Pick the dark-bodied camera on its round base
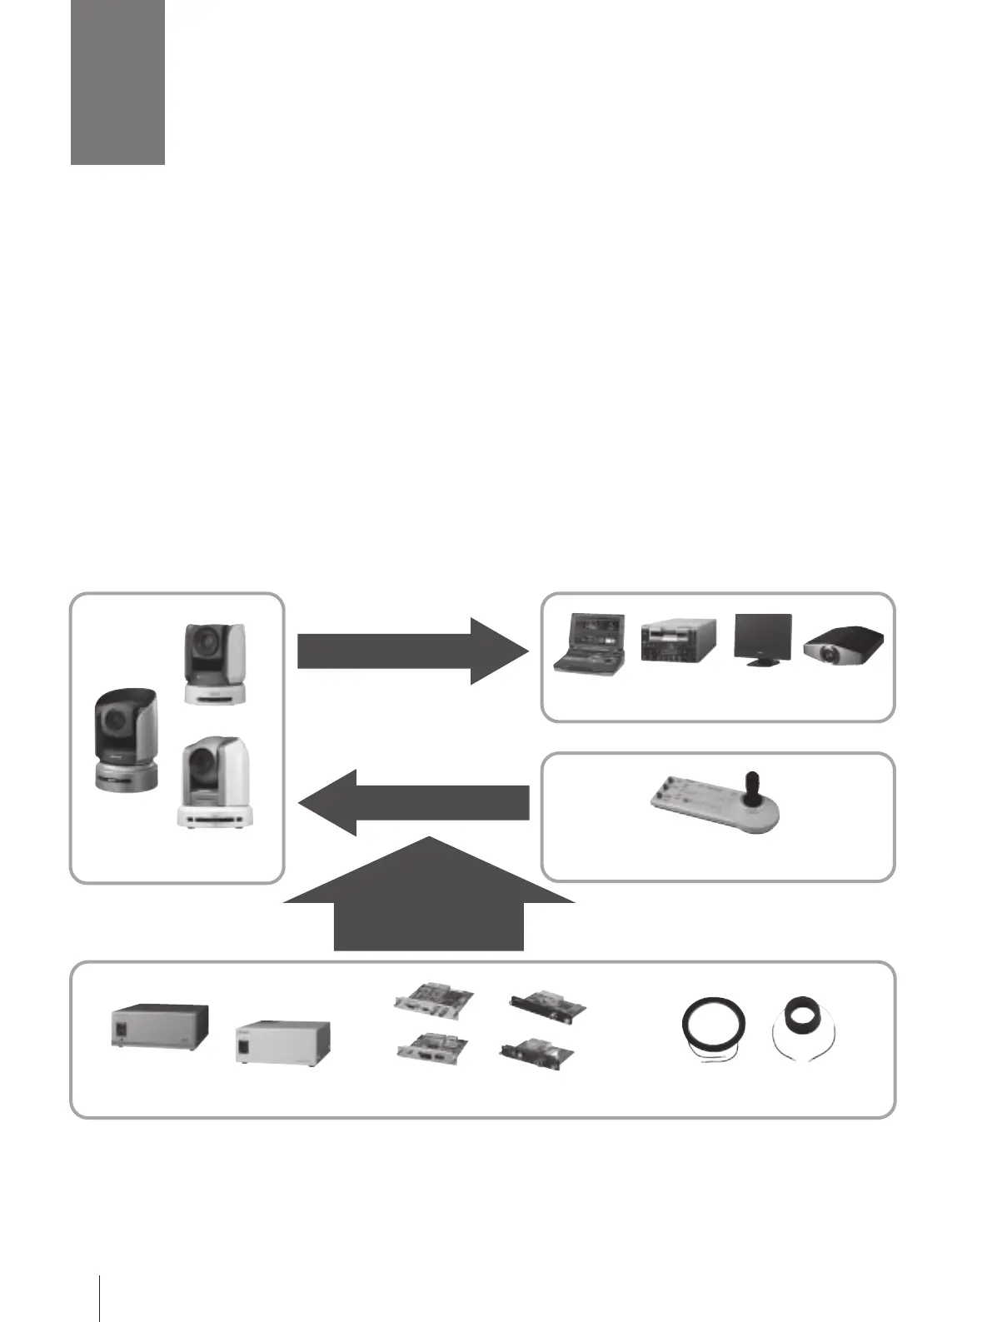click(126, 741)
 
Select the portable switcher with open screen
click(591, 643)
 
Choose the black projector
click(843, 648)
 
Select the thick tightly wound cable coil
click(805, 1020)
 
